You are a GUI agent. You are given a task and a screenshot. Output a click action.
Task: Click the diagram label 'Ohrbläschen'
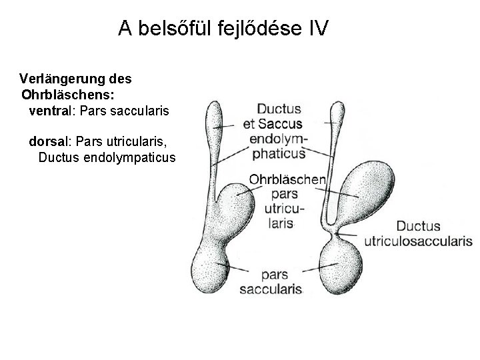[x=287, y=179]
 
